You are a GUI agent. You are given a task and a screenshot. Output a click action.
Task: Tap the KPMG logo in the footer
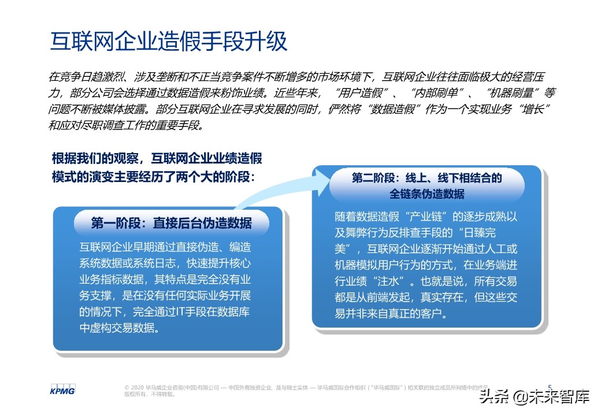(62, 389)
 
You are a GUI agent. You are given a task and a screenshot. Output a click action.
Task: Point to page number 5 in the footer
(549, 387)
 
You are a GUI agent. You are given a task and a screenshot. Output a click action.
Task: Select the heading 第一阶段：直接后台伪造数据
(172, 223)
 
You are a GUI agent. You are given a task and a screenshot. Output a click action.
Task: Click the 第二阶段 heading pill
(427, 185)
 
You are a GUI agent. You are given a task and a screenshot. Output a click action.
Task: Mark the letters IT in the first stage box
(182, 313)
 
